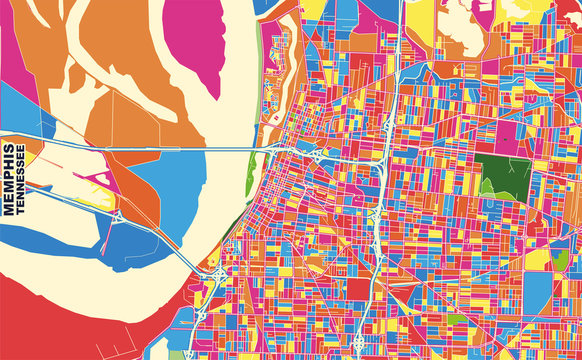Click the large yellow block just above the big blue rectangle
(540, 258)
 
